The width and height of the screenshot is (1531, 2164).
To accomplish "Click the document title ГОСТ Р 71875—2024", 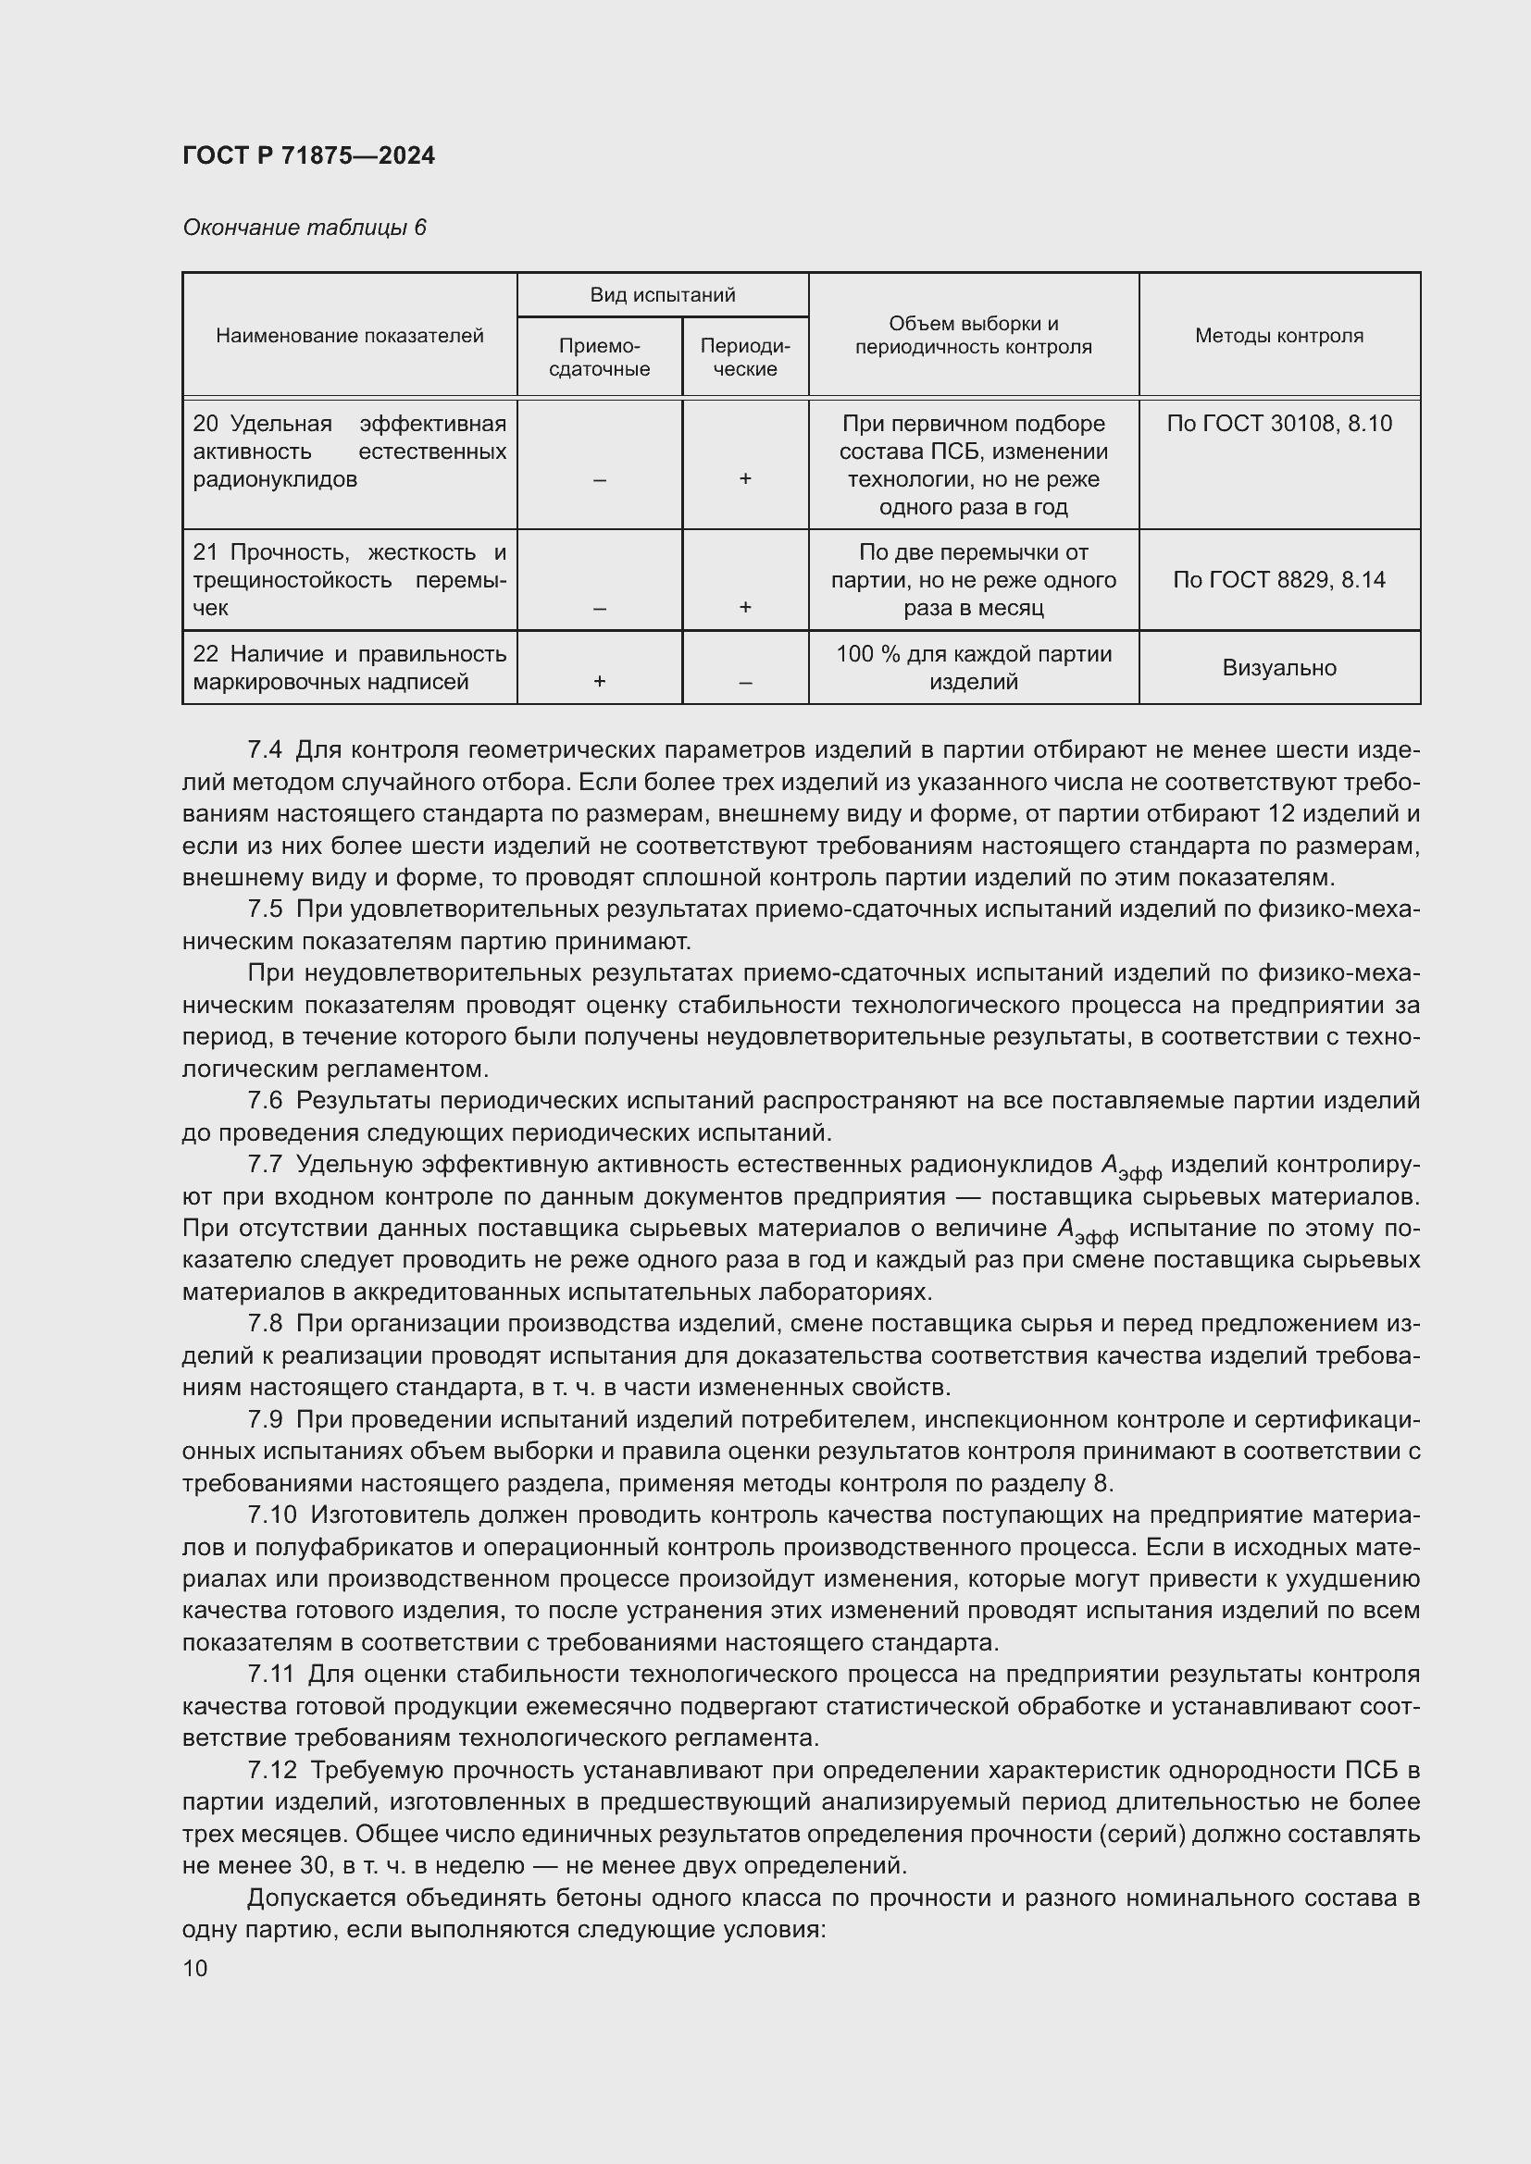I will [308, 155].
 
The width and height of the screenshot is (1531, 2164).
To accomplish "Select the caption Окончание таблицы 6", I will [304, 228].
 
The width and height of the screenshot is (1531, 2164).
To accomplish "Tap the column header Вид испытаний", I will [662, 295].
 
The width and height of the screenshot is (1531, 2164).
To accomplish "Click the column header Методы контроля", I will [1278, 336].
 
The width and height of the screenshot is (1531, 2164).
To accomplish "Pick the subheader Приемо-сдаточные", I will [599, 357].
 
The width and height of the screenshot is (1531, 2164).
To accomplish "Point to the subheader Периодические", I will [744, 357].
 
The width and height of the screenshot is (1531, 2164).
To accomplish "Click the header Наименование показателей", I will [349, 336].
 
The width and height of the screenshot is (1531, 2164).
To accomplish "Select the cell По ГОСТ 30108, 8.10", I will [1278, 423].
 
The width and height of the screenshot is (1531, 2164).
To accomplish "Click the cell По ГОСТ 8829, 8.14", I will [1278, 580].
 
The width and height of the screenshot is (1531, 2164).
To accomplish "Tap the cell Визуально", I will [1278, 668].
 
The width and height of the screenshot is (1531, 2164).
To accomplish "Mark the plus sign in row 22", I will [599, 682].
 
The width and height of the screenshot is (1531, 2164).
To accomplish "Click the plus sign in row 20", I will [744, 479].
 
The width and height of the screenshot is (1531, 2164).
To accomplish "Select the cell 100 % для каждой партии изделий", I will [973, 667].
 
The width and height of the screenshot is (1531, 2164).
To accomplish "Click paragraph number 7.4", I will [264, 750].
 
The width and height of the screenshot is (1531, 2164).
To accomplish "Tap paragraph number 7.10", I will [270, 1515].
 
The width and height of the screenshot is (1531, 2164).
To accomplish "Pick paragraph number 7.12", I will [270, 1770].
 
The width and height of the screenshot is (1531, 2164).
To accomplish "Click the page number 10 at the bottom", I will [195, 1969].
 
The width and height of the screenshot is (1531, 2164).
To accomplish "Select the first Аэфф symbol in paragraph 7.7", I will [1129, 1168].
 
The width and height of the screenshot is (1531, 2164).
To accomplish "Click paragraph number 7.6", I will [264, 1101].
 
